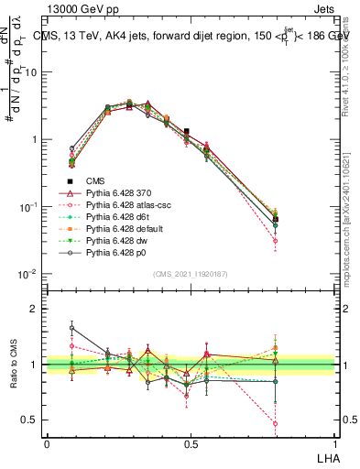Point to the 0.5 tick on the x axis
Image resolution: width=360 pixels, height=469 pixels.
[191, 443]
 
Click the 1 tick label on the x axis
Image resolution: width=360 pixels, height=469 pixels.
[334, 443]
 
